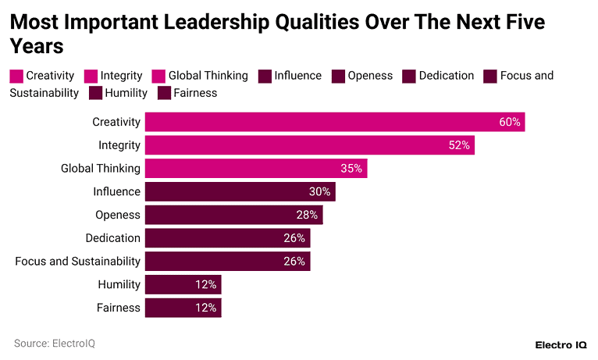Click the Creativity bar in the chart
click(x=334, y=122)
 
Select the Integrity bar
click(x=309, y=145)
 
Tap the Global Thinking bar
click(x=255, y=169)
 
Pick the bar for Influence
click(x=240, y=191)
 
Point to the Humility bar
click(x=183, y=284)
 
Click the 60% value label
click(x=510, y=122)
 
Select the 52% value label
click(x=460, y=145)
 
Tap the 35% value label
click(x=352, y=169)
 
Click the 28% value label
click(x=307, y=215)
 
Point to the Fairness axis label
click(x=119, y=308)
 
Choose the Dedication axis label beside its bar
click(x=113, y=238)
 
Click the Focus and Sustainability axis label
click(x=78, y=261)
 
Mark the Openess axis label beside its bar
click(x=118, y=215)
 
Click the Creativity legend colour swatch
click(x=16, y=76)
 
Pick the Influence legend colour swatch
click(x=264, y=76)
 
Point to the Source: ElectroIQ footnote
click(x=55, y=344)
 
